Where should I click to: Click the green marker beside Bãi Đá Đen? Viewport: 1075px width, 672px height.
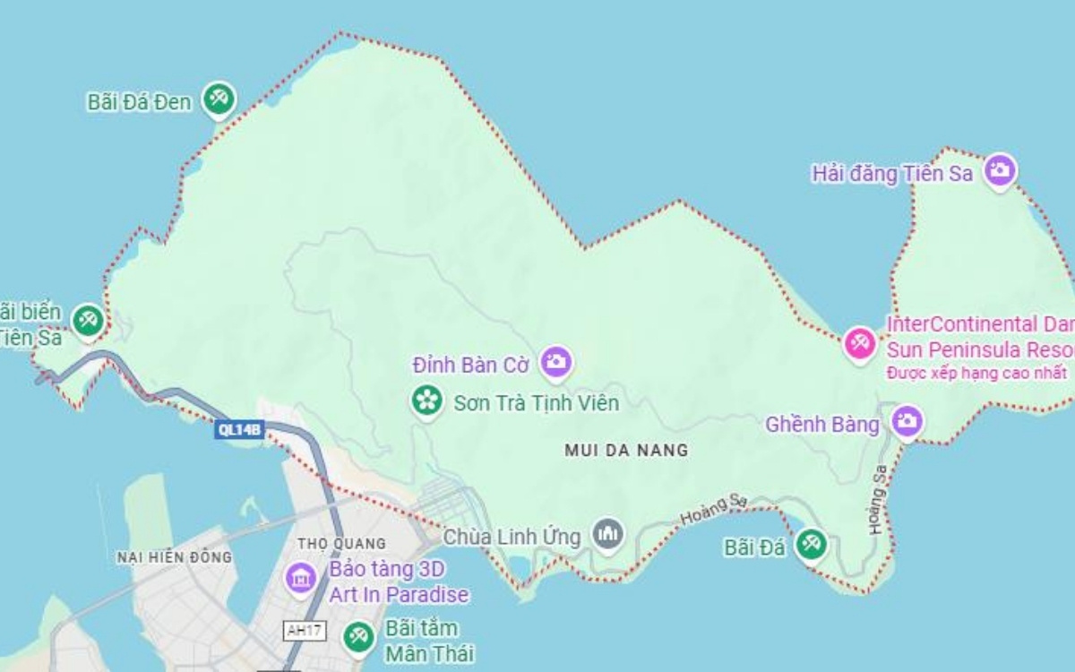click(218, 99)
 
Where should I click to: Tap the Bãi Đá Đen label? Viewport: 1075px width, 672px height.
click(139, 102)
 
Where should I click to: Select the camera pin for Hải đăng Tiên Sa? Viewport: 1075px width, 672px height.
click(1000, 169)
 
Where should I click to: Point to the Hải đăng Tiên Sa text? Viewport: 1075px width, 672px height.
click(892, 174)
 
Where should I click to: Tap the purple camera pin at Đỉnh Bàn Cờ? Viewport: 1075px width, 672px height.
click(556, 362)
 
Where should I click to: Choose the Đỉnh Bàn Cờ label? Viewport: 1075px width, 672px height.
click(471, 366)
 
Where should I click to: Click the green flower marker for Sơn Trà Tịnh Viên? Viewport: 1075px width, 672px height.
click(426, 401)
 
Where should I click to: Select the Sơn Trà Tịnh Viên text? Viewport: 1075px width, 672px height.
click(536, 403)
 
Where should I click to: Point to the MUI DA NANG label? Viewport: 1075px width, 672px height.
click(626, 450)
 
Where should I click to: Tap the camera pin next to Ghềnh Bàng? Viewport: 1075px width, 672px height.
click(907, 420)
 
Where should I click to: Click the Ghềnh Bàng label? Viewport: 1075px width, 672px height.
click(821, 425)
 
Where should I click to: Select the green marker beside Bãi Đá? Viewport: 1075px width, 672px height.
click(812, 542)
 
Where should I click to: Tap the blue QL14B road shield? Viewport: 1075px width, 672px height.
click(240, 430)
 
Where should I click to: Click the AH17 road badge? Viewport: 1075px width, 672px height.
click(305, 630)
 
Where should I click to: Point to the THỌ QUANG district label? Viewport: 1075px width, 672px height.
click(340, 543)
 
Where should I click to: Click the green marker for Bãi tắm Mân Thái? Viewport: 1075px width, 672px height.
click(359, 636)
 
